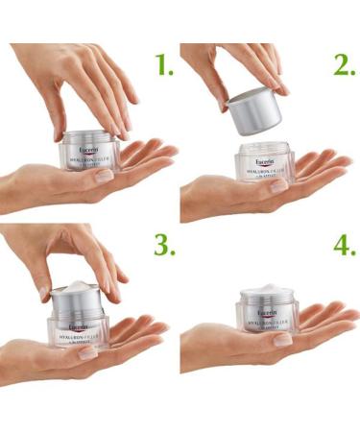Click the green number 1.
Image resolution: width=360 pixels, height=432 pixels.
[165, 64]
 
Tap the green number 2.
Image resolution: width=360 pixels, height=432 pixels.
[344, 64]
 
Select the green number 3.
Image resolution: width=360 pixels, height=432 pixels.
[165, 246]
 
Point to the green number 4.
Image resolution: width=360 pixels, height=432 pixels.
[344, 246]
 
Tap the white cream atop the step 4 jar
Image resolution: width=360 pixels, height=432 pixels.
[268, 289]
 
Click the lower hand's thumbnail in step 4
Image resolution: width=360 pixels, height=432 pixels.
[282, 339]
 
